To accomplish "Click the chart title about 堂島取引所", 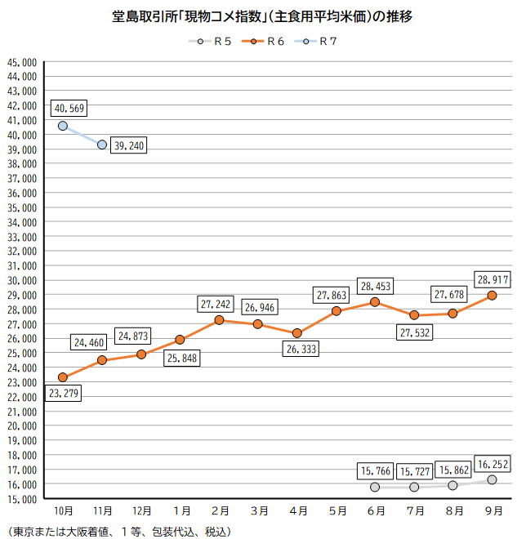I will (262, 17).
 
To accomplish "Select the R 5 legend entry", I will (208, 42).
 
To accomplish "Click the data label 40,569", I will (68, 108).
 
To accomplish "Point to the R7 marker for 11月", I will (102, 145).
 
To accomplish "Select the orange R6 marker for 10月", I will (63, 377).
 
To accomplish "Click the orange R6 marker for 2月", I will (219, 320).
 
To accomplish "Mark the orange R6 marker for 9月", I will (492, 296).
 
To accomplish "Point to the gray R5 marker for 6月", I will (375, 487).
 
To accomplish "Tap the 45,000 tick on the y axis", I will (21, 62).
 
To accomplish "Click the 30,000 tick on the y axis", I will (21, 280).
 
